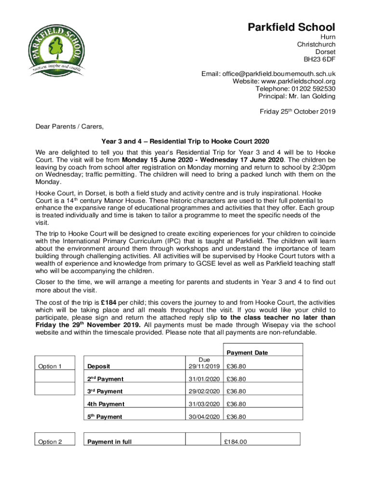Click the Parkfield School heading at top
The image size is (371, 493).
pyautogui.click(x=291, y=27)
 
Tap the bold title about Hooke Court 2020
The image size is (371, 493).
pyautogui.click(x=185, y=141)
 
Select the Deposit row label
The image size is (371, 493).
pyautogui.click(x=98, y=367)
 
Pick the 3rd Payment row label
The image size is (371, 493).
pyautogui.click(x=104, y=391)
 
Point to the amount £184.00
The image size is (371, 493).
pyautogui.click(x=236, y=441)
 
